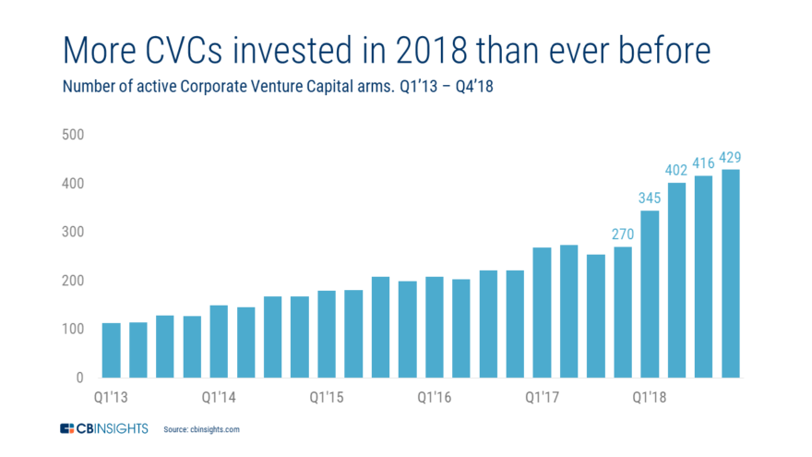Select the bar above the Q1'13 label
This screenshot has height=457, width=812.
tap(112, 350)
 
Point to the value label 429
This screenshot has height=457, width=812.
tap(731, 158)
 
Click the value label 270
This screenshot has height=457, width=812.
tap(623, 235)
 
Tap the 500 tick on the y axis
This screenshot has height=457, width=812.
tap(73, 135)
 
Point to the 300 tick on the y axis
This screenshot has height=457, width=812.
tap(73, 233)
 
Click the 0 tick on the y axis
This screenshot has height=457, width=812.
tap(79, 378)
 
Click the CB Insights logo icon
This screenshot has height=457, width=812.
tap(67, 428)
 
